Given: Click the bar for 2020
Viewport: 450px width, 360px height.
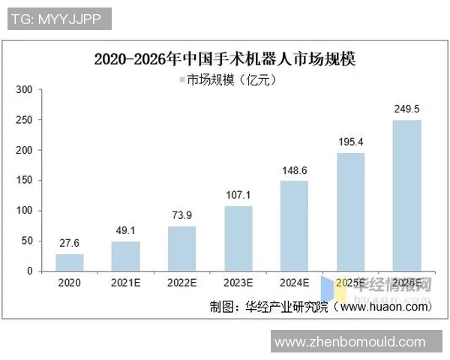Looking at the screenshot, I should point(70,262).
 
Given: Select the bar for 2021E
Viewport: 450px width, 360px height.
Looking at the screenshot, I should point(126,256).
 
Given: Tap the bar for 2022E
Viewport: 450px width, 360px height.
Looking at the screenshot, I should point(182,248).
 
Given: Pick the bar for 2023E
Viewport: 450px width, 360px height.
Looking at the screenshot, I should point(238,238).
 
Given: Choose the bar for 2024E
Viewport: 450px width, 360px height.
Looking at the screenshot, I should point(295,225).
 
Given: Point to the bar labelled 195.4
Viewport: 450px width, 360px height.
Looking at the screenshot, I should point(351,211).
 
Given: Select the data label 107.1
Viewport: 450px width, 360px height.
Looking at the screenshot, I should point(238,196).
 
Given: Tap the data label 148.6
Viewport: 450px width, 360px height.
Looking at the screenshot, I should point(295,171).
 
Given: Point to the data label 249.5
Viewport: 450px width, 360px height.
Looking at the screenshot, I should point(407,110).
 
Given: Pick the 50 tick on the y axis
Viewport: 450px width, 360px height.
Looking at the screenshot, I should point(28,241).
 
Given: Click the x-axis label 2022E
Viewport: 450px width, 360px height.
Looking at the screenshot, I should point(182,283).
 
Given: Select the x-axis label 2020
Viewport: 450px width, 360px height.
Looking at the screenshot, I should point(70,283).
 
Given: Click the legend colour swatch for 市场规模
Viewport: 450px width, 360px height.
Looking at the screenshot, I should point(182,79).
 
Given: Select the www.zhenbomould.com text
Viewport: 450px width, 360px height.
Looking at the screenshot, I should point(349,342).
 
